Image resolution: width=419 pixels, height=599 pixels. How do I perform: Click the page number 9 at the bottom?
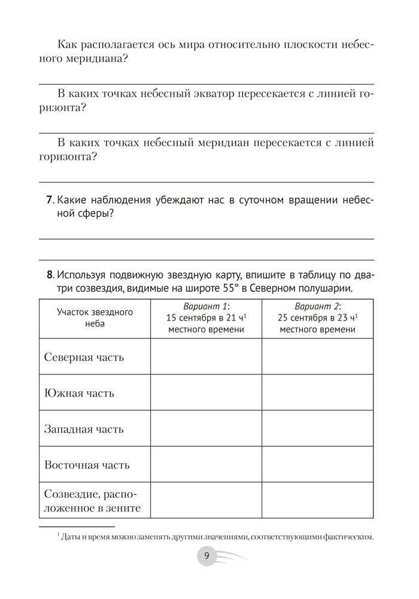207,556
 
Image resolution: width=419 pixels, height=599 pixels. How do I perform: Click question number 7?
50,200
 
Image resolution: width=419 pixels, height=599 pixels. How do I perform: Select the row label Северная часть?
84,357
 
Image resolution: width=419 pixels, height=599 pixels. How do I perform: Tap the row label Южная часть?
79,393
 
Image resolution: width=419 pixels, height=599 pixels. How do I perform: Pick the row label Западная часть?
84,429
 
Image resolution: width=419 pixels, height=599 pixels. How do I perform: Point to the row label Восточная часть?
87,465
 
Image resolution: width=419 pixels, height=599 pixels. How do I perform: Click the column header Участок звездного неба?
95,317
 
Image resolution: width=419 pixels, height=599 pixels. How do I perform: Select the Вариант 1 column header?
206,317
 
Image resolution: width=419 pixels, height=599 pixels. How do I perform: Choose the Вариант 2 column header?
317,317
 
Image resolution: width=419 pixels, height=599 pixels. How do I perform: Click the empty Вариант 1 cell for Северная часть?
206,357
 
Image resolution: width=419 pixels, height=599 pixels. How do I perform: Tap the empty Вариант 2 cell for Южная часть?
317,393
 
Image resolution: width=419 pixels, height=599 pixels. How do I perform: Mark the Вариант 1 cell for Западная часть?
206,429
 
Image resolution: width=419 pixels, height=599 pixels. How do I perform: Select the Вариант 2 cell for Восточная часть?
317,465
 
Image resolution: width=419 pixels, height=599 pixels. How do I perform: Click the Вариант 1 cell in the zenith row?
206,501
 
